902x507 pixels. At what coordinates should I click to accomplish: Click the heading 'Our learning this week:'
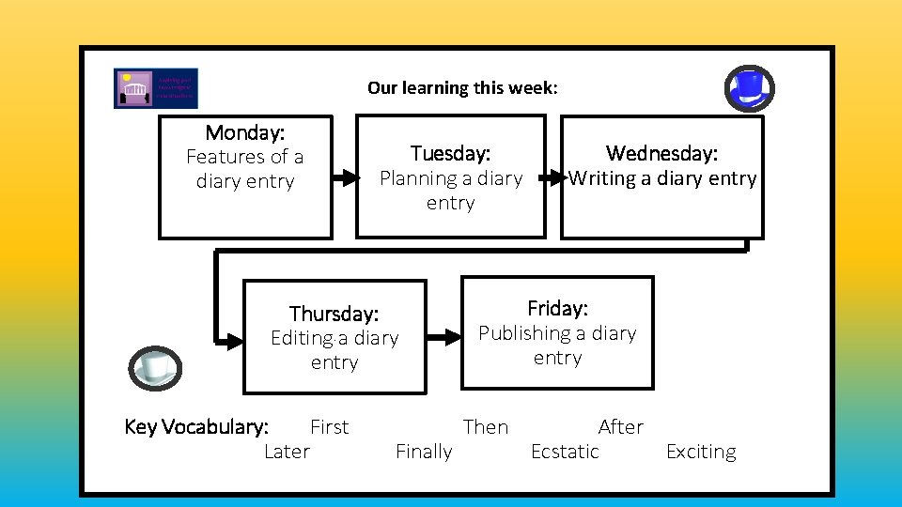[462, 88]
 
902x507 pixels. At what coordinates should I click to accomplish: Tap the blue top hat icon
[750, 88]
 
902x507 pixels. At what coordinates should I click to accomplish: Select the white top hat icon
[154, 367]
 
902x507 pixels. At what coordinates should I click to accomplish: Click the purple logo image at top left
[156, 88]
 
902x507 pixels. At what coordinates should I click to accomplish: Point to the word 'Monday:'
[244, 132]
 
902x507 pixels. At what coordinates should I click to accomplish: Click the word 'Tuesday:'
[450, 153]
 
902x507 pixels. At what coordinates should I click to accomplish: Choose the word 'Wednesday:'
[661, 153]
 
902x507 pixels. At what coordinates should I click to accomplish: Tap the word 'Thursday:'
[334, 314]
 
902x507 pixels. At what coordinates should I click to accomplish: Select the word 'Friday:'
[557, 309]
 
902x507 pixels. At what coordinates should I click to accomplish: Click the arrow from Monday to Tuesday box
[345, 177]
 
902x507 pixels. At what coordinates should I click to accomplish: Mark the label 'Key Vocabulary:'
[196, 427]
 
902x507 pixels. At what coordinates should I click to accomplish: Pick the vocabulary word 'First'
[329, 427]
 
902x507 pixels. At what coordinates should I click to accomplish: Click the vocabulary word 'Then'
[486, 427]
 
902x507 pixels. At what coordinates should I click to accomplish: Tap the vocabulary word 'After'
[621, 427]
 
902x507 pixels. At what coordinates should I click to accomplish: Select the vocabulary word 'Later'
[287, 452]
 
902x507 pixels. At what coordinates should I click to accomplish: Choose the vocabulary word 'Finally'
[424, 452]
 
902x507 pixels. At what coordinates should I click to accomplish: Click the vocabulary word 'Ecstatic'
[565, 452]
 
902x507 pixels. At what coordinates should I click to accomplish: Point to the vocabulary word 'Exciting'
[701, 452]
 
